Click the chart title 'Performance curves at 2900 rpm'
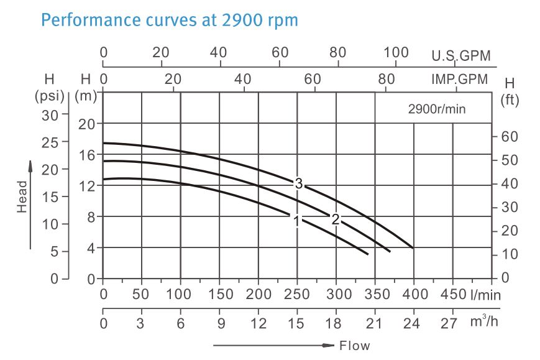[x=170, y=21]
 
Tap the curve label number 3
[x=299, y=183]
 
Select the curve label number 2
[x=336, y=219]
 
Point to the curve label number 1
[x=297, y=221]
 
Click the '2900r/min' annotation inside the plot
[x=437, y=109]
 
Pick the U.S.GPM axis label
[x=461, y=56]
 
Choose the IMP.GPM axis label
[x=460, y=80]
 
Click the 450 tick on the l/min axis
[x=453, y=294]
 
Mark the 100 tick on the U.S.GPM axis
[x=396, y=52]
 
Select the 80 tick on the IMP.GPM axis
[x=387, y=79]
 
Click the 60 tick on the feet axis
[x=509, y=137]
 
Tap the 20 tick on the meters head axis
[x=87, y=123]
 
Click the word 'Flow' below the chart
[x=355, y=345]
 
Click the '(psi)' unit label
[x=49, y=97]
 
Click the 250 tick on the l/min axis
[x=297, y=294]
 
